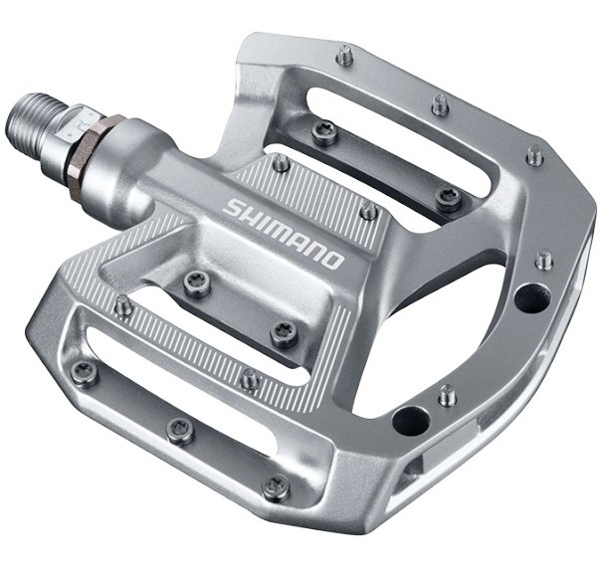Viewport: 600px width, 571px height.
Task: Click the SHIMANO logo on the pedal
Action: click(x=283, y=233)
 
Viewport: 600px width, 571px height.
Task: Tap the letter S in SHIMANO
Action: click(x=232, y=207)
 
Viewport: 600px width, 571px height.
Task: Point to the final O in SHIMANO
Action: click(x=331, y=260)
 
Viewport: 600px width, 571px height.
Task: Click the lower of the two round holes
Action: click(x=411, y=422)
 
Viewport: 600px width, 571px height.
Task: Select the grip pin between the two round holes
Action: click(x=448, y=396)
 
